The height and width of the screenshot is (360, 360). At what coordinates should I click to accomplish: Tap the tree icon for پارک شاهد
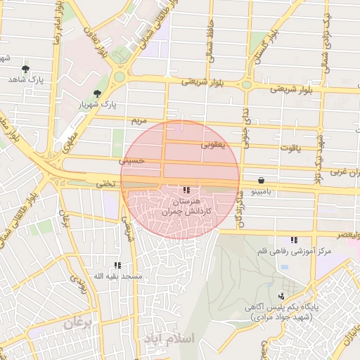(25, 69)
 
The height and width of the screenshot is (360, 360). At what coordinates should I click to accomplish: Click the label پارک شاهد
(26, 80)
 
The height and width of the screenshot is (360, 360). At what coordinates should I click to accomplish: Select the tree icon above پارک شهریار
(97, 93)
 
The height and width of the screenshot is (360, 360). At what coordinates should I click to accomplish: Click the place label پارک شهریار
(98, 105)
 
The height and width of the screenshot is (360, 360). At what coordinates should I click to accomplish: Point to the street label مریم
(139, 121)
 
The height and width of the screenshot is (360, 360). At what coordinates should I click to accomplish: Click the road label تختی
(105, 183)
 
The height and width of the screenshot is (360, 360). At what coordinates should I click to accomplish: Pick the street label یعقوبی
(213, 146)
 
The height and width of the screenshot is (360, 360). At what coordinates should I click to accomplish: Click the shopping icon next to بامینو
(262, 180)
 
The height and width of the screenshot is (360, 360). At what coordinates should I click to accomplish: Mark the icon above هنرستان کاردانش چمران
(186, 190)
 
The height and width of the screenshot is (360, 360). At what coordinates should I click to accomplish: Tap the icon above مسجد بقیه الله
(117, 265)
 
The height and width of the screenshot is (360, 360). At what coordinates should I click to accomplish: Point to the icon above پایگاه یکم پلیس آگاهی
(282, 296)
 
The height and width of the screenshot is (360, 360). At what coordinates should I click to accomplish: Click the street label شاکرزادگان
(240, 210)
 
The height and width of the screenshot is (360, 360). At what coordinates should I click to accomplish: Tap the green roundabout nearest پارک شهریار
(120, 76)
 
